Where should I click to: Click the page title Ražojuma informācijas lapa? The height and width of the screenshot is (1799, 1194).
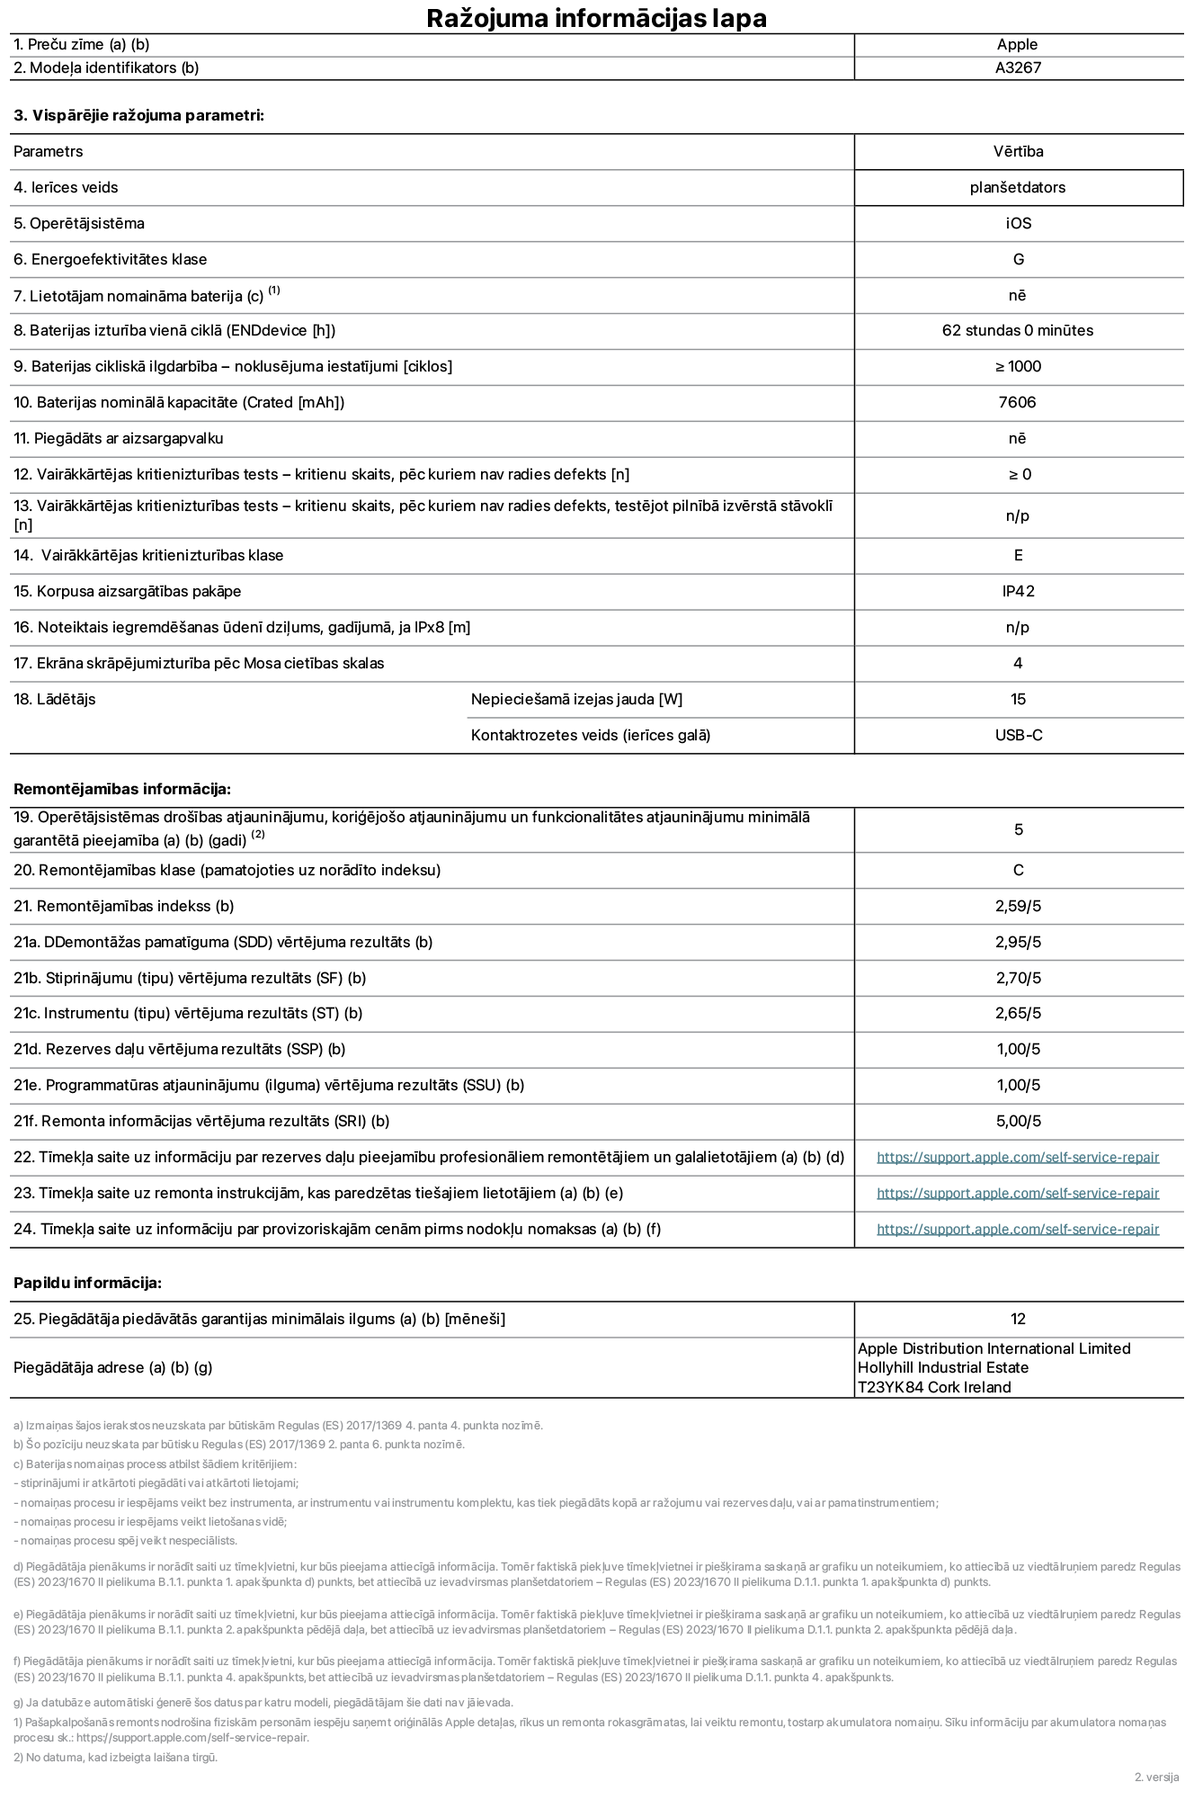(596, 18)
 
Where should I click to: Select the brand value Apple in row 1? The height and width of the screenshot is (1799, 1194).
(1017, 44)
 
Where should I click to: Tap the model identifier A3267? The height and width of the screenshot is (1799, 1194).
(1018, 67)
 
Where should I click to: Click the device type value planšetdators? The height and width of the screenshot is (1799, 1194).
(1018, 187)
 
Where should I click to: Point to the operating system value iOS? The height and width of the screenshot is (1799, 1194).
(1018, 223)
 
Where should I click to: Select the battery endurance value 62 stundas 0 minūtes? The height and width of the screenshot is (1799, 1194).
(1018, 330)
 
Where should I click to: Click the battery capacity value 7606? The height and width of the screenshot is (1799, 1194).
(1018, 402)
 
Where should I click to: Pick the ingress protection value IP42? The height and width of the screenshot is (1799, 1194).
(1018, 591)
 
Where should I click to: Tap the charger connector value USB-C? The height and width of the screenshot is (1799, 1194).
(1018, 735)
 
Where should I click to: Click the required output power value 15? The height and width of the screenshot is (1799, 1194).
(1018, 699)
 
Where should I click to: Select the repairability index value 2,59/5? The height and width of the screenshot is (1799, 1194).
(1018, 906)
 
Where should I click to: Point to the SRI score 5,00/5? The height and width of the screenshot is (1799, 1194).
(1018, 1121)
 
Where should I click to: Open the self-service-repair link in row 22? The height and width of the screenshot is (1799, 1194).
(1018, 1158)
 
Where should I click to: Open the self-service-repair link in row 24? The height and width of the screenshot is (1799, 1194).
(1018, 1230)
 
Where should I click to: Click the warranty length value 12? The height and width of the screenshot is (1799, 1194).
(1018, 1319)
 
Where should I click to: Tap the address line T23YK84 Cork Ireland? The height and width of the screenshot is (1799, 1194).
(934, 1387)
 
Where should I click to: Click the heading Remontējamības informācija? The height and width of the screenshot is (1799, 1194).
(122, 789)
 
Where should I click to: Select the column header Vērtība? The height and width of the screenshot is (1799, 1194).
(1018, 151)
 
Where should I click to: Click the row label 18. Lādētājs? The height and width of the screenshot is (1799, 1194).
(55, 699)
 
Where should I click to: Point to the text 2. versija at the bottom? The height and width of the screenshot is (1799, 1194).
(1156, 1777)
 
